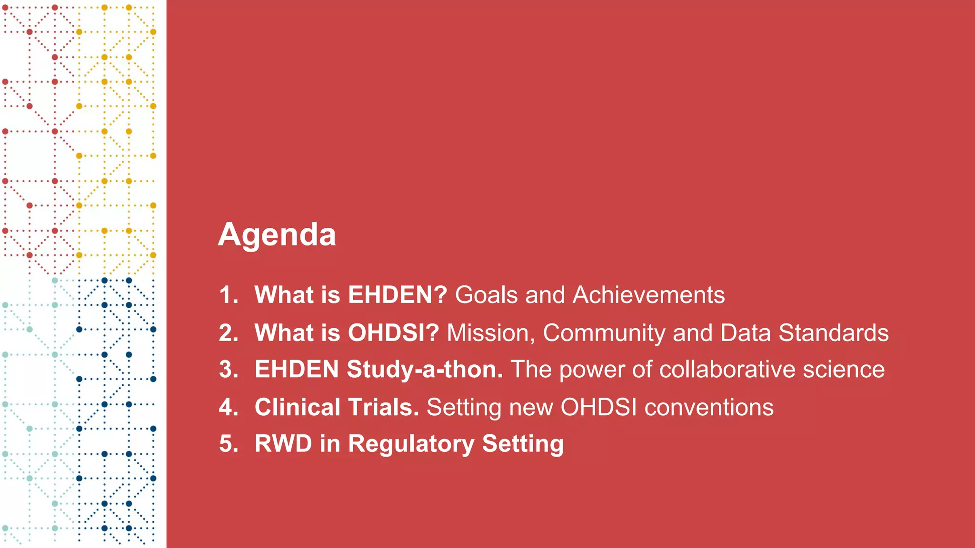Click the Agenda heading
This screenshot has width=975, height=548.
click(x=277, y=235)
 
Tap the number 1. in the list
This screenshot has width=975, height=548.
click(x=229, y=295)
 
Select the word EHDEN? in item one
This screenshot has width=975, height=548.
click(x=398, y=295)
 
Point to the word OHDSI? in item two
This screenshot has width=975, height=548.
click(x=393, y=333)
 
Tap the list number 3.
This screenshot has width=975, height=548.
click(x=229, y=370)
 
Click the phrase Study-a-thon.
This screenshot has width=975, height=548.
click(x=425, y=370)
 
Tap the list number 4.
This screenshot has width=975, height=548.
click(x=229, y=408)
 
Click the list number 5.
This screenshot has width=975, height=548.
click(x=229, y=444)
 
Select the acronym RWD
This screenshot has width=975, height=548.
click(x=283, y=444)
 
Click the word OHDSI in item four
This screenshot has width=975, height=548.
click(x=598, y=408)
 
